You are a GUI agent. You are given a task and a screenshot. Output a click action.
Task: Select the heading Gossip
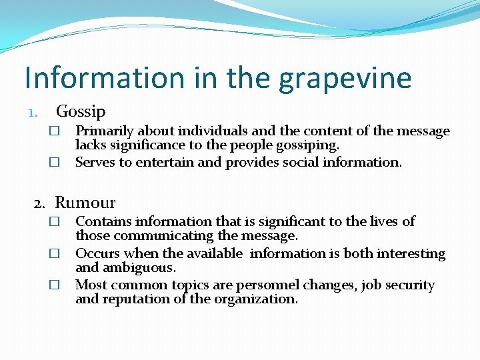(x=81, y=111)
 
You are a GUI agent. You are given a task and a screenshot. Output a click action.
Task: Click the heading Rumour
(x=85, y=203)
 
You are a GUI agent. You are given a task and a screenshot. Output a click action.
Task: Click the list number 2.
(x=41, y=203)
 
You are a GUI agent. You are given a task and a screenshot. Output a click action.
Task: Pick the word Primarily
(x=103, y=132)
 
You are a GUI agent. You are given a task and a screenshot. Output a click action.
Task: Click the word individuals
(x=206, y=131)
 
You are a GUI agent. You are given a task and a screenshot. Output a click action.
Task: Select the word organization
(x=254, y=299)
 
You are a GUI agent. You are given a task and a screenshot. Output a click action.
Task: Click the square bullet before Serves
(x=55, y=163)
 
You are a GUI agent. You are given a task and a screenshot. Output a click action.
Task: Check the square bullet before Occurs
(x=55, y=254)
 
